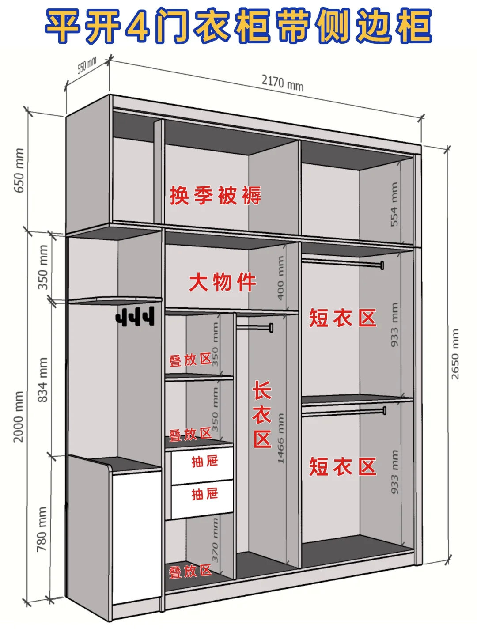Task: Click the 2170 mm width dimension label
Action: click(x=283, y=83)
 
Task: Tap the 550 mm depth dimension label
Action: click(x=87, y=66)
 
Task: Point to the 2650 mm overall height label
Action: click(x=455, y=354)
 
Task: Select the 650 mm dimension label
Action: click(x=19, y=170)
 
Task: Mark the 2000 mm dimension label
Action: click(x=18, y=416)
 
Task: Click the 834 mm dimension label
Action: click(x=42, y=380)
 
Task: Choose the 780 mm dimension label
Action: click(x=42, y=529)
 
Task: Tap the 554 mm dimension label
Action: click(x=394, y=204)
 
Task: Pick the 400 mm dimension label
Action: click(x=280, y=278)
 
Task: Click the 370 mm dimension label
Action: click(x=215, y=540)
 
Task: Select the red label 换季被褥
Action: click(x=216, y=195)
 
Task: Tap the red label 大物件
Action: click(x=223, y=282)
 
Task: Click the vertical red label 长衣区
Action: click(x=262, y=415)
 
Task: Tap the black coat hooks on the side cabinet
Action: click(x=136, y=317)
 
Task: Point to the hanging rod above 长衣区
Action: click(x=255, y=327)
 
